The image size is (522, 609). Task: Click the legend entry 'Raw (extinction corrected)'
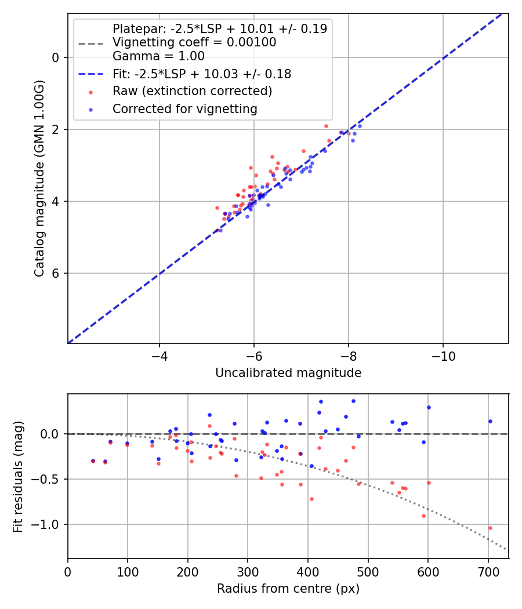click(192, 91)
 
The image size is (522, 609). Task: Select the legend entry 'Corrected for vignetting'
click(184, 108)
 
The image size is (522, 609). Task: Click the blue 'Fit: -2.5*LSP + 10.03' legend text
click(201, 74)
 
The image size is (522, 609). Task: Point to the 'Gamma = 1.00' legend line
click(158, 56)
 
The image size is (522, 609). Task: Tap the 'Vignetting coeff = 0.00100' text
click(194, 42)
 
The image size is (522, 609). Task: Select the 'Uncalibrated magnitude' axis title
click(288, 373)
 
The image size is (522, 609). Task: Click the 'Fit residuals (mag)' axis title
click(18, 476)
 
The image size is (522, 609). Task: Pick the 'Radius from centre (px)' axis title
click(288, 589)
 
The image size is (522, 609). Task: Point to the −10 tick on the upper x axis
click(443, 354)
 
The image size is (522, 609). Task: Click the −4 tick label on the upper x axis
click(159, 354)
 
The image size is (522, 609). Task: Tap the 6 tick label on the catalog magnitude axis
click(56, 273)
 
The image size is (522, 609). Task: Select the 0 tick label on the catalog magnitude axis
click(56, 57)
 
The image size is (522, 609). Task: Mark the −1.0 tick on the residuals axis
click(48, 524)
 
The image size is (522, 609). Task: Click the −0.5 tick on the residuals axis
click(48, 479)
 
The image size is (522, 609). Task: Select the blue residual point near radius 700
click(490, 421)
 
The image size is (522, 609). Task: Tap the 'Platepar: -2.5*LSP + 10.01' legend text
click(219, 28)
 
